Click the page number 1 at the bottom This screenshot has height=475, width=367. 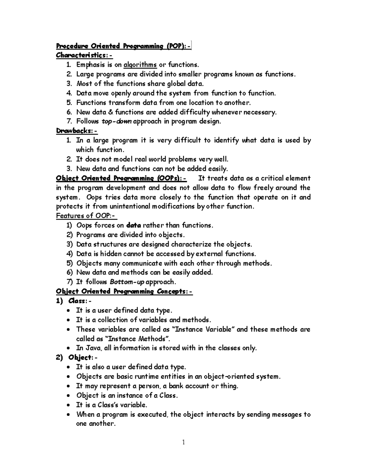point(183,442)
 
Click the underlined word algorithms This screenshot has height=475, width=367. point(140,65)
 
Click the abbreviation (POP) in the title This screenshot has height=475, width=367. point(176,46)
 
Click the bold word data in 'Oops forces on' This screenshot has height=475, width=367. point(134,225)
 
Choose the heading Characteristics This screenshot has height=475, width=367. point(84,56)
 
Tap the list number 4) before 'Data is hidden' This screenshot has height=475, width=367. point(69,254)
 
